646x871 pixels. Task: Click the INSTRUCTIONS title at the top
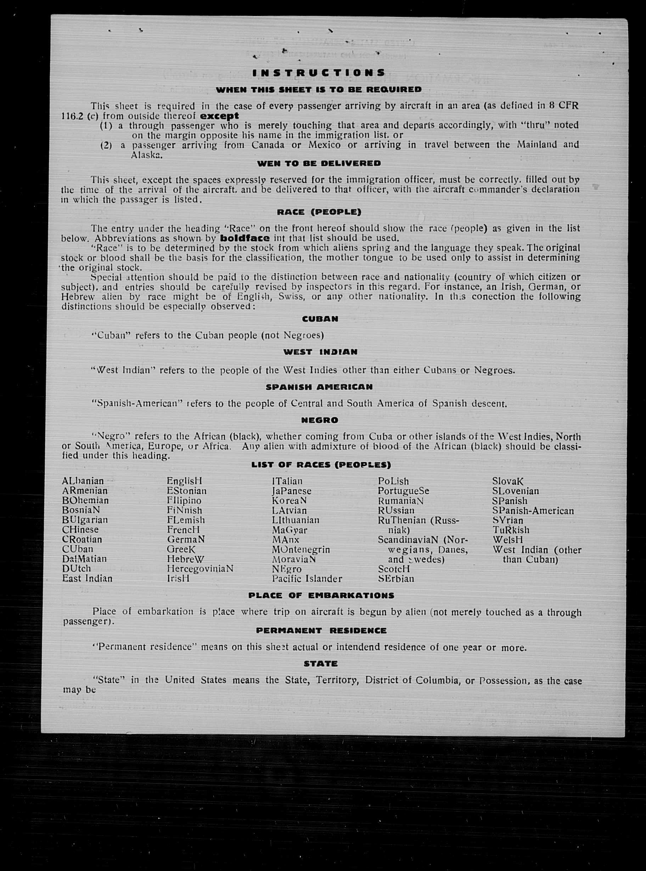[x=319, y=73]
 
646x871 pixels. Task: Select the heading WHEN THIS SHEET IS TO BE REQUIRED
[x=319, y=90]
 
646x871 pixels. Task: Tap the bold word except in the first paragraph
[x=219, y=116]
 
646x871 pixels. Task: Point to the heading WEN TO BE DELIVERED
[x=319, y=163]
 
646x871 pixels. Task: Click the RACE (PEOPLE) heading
[x=319, y=212]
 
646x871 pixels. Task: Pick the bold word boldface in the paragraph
[x=245, y=238]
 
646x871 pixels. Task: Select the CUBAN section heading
[x=320, y=319]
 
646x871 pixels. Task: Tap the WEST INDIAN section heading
[x=320, y=352]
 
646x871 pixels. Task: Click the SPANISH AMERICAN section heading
[x=319, y=387]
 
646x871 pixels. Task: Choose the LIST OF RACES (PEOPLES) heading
[x=321, y=465]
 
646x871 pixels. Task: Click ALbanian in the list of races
[x=83, y=481]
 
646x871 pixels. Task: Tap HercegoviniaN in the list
[x=200, y=569]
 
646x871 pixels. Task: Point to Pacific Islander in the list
[x=307, y=579]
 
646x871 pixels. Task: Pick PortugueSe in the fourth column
[x=403, y=491]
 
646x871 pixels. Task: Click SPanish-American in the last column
[x=533, y=511]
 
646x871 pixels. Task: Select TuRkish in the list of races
[x=511, y=530]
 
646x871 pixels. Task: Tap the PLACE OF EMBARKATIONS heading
[x=321, y=596]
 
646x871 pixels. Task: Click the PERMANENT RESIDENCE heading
[x=321, y=631]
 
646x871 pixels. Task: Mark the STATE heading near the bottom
[x=320, y=664]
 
